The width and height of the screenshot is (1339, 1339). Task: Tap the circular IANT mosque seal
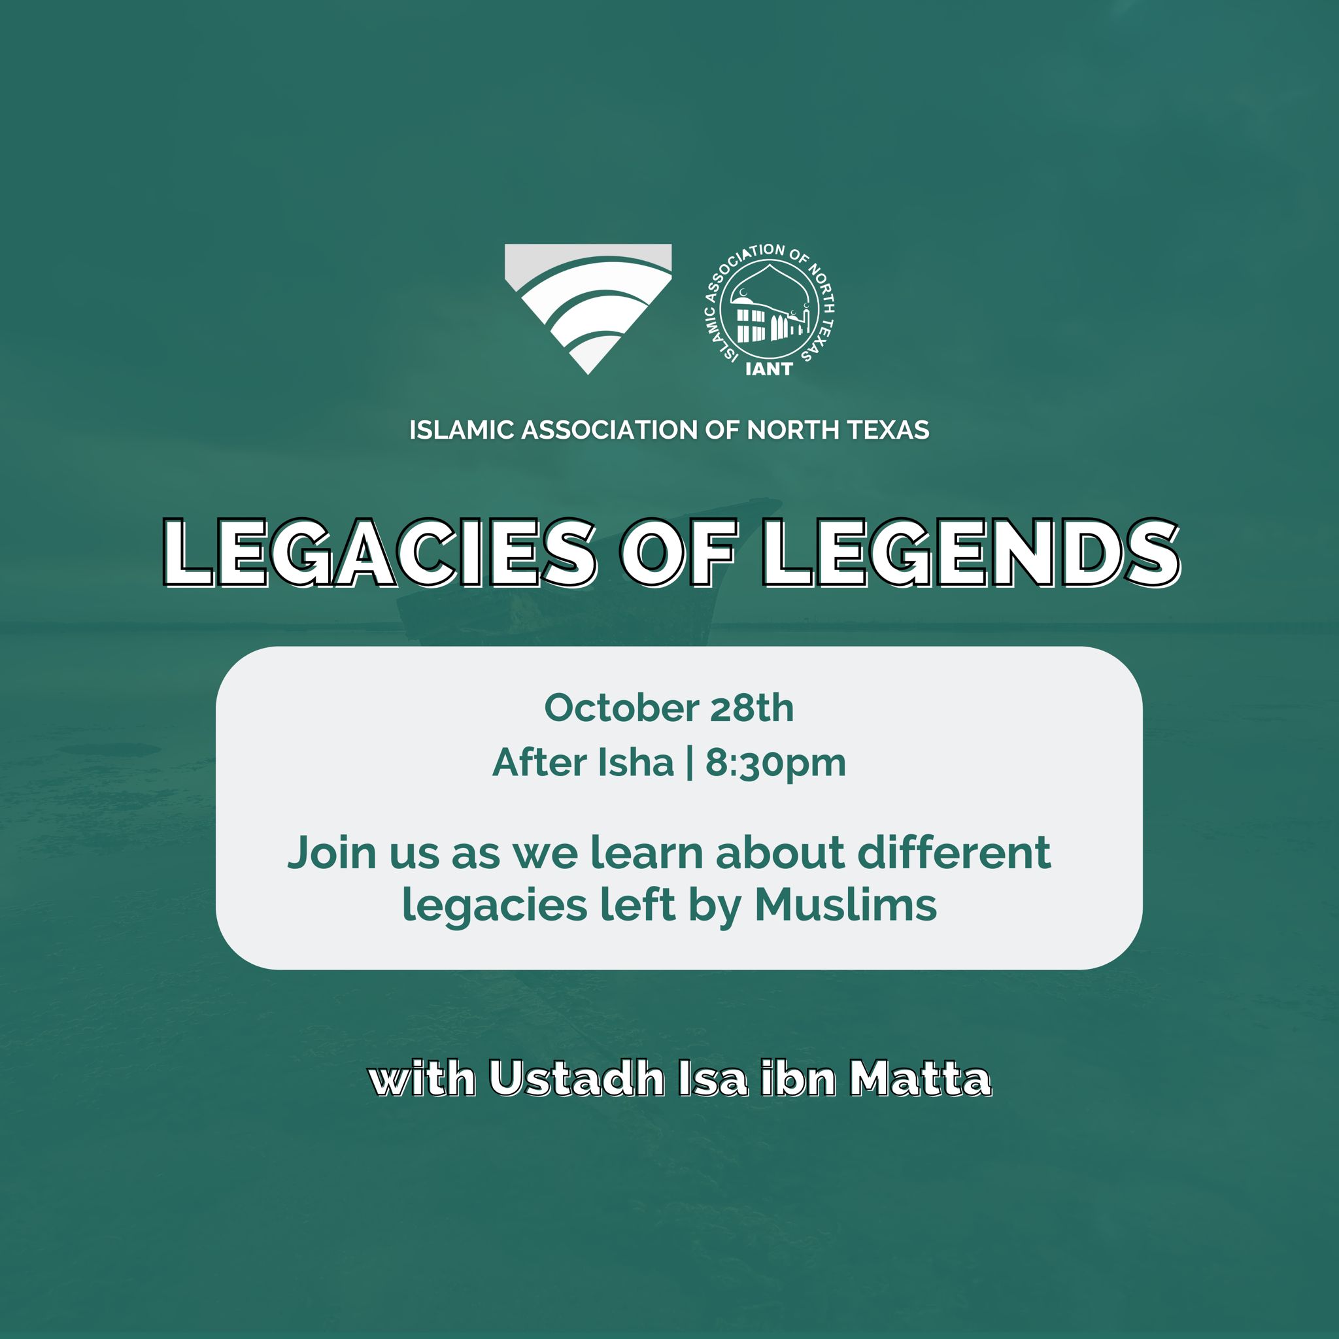[x=770, y=311]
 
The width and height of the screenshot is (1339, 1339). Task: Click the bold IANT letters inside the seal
[x=769, y=369]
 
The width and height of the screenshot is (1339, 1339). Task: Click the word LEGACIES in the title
[x=379, y=554]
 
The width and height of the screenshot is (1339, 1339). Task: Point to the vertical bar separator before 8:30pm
[x=689, y=763]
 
